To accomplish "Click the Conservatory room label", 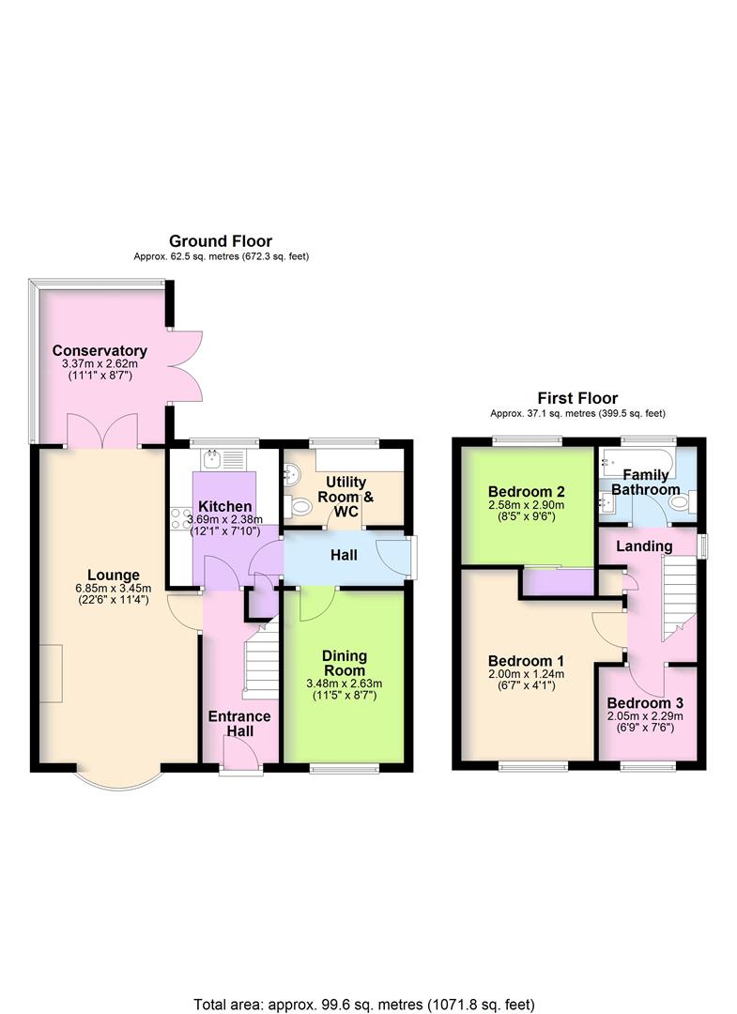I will (100, 350).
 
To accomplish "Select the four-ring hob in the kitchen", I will (178, 519).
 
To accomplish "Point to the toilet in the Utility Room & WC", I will (301, 507).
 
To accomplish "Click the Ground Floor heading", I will (221, 241).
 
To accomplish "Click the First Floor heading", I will (576, 398).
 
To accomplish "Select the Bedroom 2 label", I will (526, 491).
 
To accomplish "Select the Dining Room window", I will (345, 768).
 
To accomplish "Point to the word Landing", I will (644, 545).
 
